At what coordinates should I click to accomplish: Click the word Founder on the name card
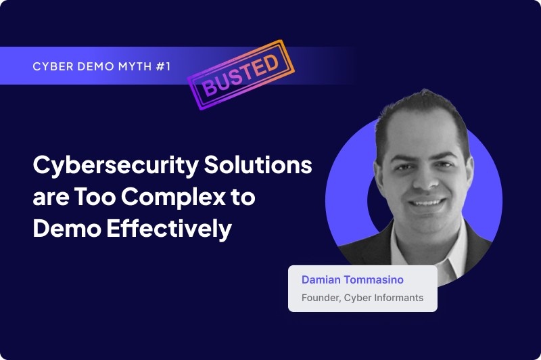[x=320, y=297]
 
